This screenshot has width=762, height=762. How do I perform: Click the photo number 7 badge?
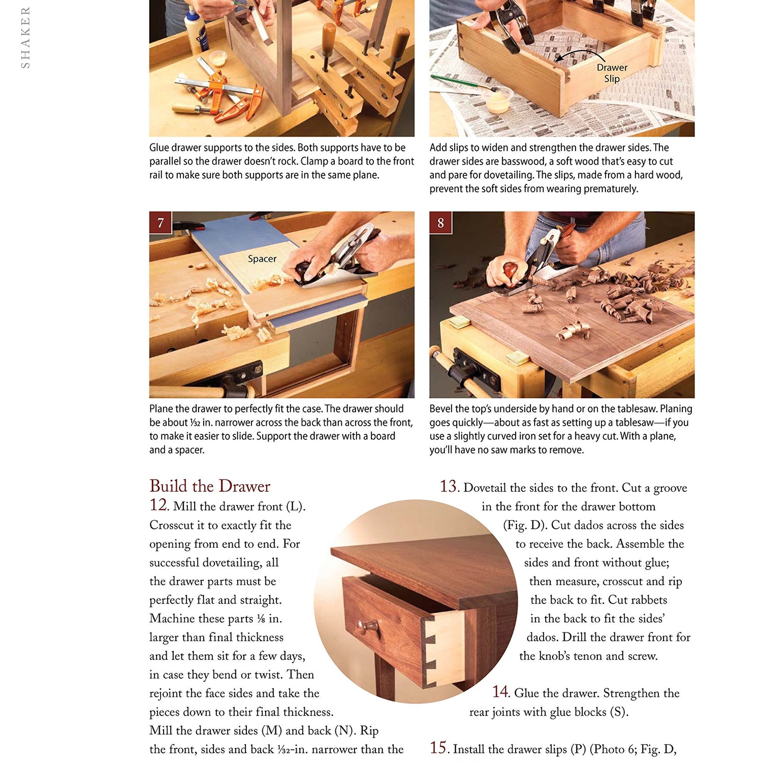[161, 223]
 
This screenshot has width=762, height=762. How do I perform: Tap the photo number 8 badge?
[440, 223]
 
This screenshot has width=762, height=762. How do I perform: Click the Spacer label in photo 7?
[262, 259]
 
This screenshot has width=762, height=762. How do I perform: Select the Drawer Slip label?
[612, 73]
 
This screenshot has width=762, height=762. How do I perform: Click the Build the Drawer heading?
[210, 486]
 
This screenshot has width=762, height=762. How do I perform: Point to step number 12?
[158, 505]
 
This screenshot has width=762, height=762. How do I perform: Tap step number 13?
[449, 487]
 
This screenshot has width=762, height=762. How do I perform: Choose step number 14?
[500, 692]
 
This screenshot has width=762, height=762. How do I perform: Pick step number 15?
[439, 748]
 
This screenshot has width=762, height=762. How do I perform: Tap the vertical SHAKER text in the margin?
[25, 37]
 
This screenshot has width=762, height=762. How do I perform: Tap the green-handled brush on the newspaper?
[457, 81]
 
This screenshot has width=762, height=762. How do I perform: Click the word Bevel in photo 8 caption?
[441, 409]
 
